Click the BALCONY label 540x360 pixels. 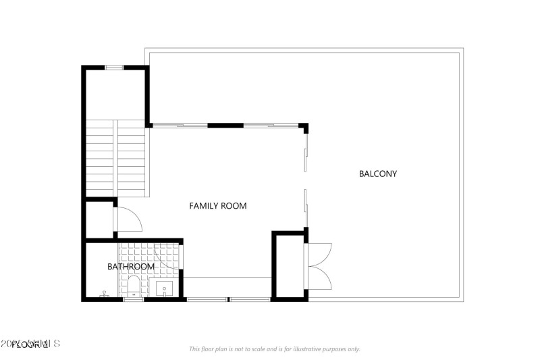coord(378,174)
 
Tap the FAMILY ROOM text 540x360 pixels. coord(217,206)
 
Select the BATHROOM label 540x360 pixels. coord(131,267)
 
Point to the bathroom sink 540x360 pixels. coord(165,290)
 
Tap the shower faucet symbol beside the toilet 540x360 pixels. coord(105,295)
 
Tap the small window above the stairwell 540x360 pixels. coord(113,67)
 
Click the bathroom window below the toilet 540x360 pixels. coord(134,300)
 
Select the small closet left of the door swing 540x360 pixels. coord(99,220)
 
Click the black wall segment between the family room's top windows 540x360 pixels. coord(225,126)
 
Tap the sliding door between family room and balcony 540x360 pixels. coord(306,179)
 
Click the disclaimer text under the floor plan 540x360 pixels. coord(274,349)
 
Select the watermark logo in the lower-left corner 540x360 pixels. coord(30,344)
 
